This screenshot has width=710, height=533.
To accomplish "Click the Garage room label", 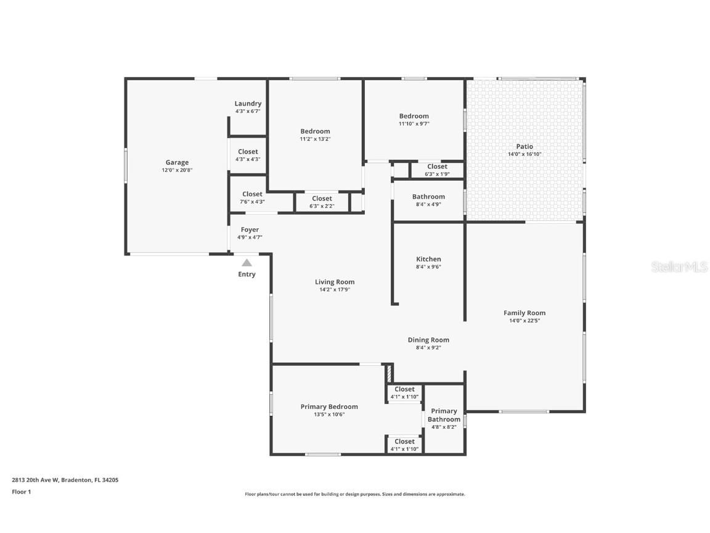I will coord(177,163).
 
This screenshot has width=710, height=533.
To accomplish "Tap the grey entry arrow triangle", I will coord(247,263).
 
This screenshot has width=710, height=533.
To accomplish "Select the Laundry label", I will coord(248,104).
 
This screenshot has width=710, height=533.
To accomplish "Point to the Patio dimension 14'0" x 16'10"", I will coord(524,154).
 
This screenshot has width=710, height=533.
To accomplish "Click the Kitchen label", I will coord(428,259).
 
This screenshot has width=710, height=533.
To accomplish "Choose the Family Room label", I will coord(524,313).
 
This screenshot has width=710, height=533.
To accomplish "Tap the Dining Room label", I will coord(428,340).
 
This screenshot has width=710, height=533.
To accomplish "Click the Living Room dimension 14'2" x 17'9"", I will coord(335,289).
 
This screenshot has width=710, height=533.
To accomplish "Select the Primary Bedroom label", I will coord(329,407).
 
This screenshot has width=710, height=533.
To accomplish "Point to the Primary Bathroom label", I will coord(444,415).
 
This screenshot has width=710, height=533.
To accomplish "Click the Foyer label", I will coord(250,229).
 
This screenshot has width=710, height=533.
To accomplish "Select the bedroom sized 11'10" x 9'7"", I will coord(414,120).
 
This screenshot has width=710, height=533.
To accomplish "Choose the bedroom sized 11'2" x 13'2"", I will coord(315,134).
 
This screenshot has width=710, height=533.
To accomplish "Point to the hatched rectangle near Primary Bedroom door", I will coord(389,374).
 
